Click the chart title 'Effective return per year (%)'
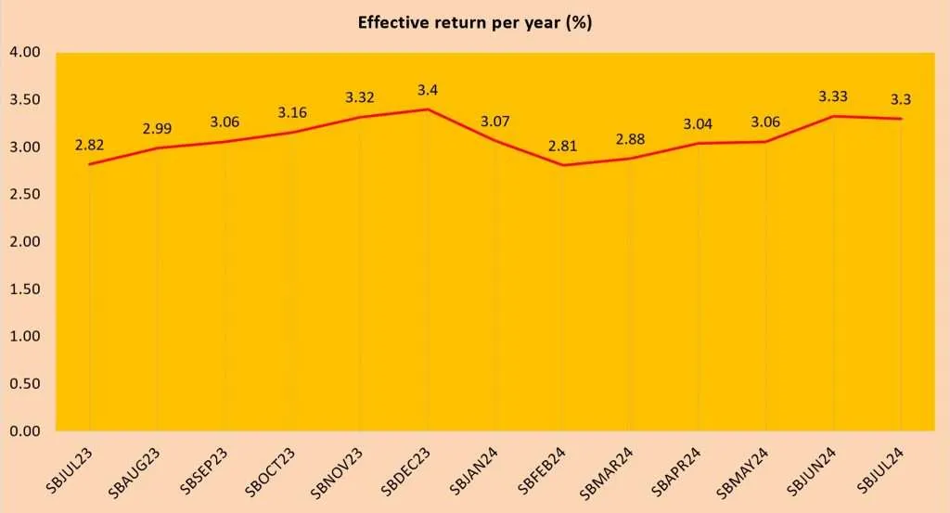(475, 23)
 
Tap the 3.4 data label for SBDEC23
(428, 90)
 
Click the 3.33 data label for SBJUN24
(833, 96)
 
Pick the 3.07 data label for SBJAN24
(495, 121)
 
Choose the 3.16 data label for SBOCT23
(293, 113)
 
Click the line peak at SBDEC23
(428, 109)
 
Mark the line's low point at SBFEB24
(562, 165)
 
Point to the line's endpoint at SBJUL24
(901, 119)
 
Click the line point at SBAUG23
(158, 148)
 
